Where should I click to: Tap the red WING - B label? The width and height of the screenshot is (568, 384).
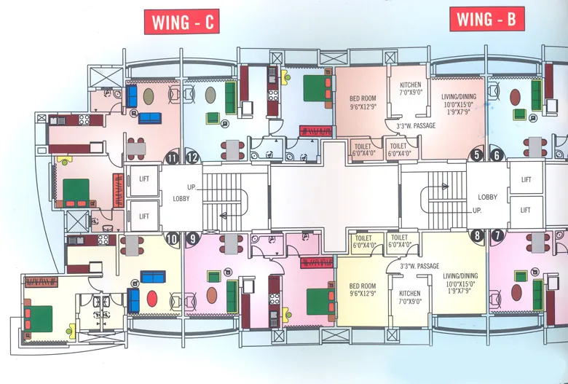coord(487,18)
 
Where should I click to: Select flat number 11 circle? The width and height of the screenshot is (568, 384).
coord(172,157)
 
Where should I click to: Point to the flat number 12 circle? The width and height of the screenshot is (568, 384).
coord(193,157)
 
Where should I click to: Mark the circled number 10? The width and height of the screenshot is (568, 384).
coord(172,237)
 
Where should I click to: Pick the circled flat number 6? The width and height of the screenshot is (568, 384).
coord(497,154)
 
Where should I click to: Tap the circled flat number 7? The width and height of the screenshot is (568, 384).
coord(497,235)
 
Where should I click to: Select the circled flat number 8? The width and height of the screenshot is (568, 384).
coord(478,235)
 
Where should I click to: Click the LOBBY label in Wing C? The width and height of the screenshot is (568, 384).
coord(181,198)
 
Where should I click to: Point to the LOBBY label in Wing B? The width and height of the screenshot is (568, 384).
coord(487,197)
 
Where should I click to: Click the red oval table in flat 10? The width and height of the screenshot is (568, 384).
coord(152,299)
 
